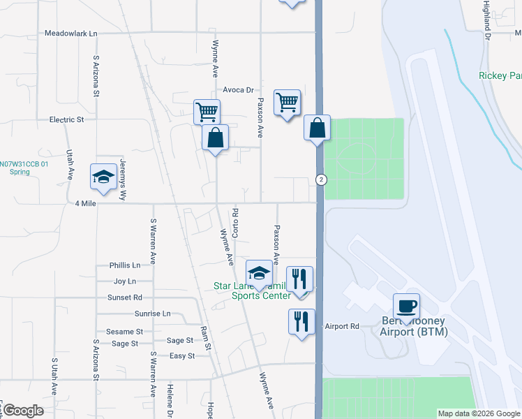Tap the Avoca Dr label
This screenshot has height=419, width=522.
(x=238, y=90)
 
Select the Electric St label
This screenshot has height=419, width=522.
(x=66, y=119)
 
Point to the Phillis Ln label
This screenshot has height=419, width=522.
(x=125, y=265)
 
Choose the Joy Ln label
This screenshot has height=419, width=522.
(x=125, y=281)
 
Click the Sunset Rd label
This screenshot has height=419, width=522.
(x=125, y=297)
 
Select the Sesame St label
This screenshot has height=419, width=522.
(x=124, y=332)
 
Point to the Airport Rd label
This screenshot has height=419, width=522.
(x=342, y=326)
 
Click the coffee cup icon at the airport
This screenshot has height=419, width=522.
(x=406, y=306)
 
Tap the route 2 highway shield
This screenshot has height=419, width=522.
(x=320, y=179)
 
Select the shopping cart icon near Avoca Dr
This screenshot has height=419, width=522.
(x=287, y=102)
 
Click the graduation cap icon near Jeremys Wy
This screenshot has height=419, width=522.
(x=103, y=177)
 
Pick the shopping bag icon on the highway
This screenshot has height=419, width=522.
(x=317, y=128)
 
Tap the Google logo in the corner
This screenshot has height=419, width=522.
(x=23, y=411)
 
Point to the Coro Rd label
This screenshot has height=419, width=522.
(x=236, y=222)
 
